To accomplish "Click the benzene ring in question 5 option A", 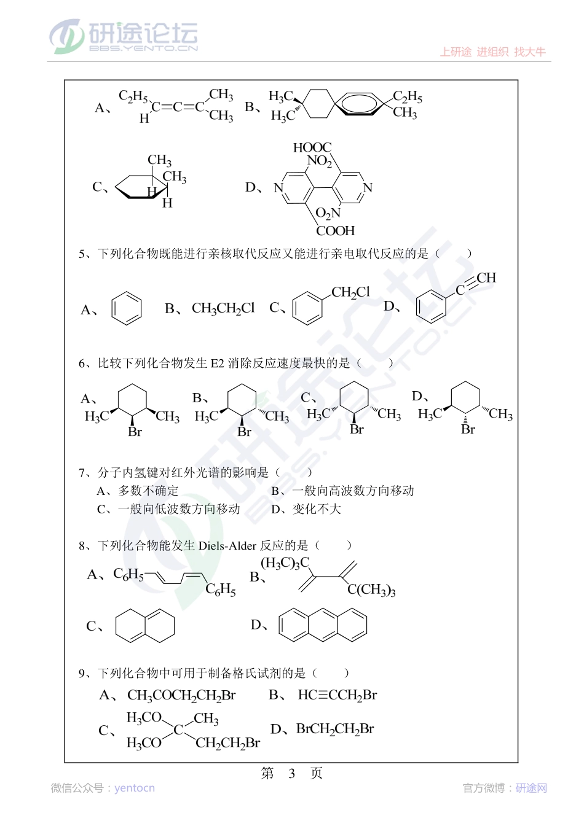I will tap(127, 308).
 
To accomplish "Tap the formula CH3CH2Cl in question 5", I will tap(223, 308).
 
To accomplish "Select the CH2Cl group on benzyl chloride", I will tap(350, 292).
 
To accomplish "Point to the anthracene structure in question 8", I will tap(323, 625).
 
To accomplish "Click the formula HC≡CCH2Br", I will tap(337, 695).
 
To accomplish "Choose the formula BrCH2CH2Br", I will tap(335, 729).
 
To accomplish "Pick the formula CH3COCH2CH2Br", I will tap(181, 695).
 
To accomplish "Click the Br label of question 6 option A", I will tap(135, 432).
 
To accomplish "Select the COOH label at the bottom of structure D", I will tap(335, 231).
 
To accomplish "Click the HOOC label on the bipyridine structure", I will tap(312, 147).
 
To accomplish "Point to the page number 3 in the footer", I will tap(292, 773).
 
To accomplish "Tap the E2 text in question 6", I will tap(218, 363).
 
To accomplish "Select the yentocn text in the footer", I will tap(135, 788).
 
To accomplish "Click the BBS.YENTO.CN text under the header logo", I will tap(144, 48).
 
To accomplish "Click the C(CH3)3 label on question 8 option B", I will tap(371, 590).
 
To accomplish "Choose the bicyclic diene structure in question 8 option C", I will tap(145, 626).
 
